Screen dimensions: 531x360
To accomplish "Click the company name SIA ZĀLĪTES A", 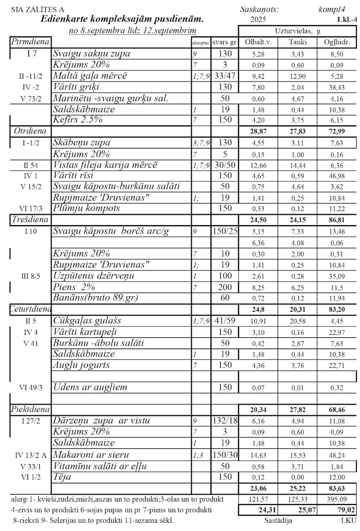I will click(x=36, y=9).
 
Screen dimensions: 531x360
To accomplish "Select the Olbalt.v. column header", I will click(x=258, y=42).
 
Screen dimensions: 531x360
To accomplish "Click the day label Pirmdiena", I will click(x=30, y=42).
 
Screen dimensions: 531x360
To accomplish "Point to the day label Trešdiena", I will click(x=29, y=219).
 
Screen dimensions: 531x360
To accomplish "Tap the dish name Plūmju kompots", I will click(x=87, y=208).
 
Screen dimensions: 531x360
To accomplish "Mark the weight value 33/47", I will click(x=225, y=76).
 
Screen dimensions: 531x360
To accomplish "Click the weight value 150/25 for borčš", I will click(x=225, y=231).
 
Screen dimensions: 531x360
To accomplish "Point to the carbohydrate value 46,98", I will click(x=337, y=176).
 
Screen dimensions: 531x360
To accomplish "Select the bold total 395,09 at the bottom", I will click(x=337, y=500).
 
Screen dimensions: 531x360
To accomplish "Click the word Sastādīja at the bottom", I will click(x=278, y=520).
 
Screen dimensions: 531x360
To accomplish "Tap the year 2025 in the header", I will click(x=258, y=20).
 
